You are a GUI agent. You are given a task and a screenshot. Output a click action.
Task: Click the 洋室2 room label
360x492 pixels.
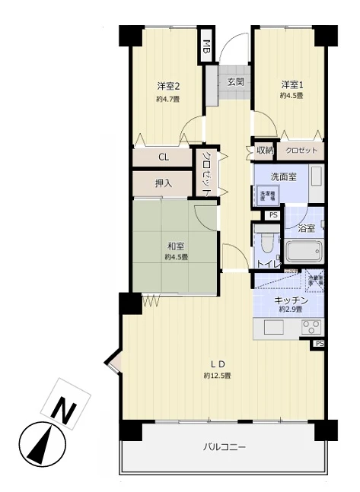click(x=168, y=84)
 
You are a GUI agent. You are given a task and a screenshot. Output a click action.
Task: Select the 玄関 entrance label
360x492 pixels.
click(x=235, y=82)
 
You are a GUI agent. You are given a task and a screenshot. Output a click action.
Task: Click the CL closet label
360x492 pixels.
click(x=164, y=157)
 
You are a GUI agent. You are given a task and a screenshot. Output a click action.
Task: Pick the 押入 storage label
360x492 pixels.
click(x=164, y=183)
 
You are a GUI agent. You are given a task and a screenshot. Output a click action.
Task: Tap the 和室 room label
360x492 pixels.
click(x=176, y=246)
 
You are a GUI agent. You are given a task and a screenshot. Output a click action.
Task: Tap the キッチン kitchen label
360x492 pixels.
click(x=292, y=300)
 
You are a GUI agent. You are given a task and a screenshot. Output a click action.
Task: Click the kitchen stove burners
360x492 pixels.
click(x=311, y=329)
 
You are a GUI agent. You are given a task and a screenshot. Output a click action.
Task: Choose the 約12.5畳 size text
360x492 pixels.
click(x=217, y=376)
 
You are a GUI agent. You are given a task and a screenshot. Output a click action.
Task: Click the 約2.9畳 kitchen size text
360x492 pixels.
click(x=292, y=310)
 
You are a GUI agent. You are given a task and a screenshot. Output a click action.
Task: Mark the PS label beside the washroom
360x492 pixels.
click(x=272, y=215)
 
